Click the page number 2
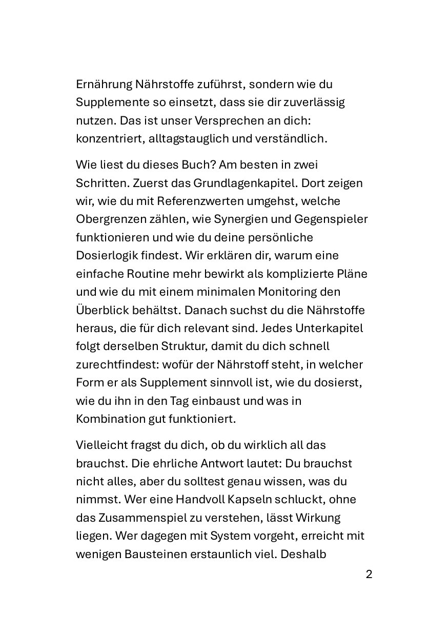pos(369,574)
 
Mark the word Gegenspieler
pos(331,219)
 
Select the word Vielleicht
pos(100,445)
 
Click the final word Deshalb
pos(303,553)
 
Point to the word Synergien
pos(235,219)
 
